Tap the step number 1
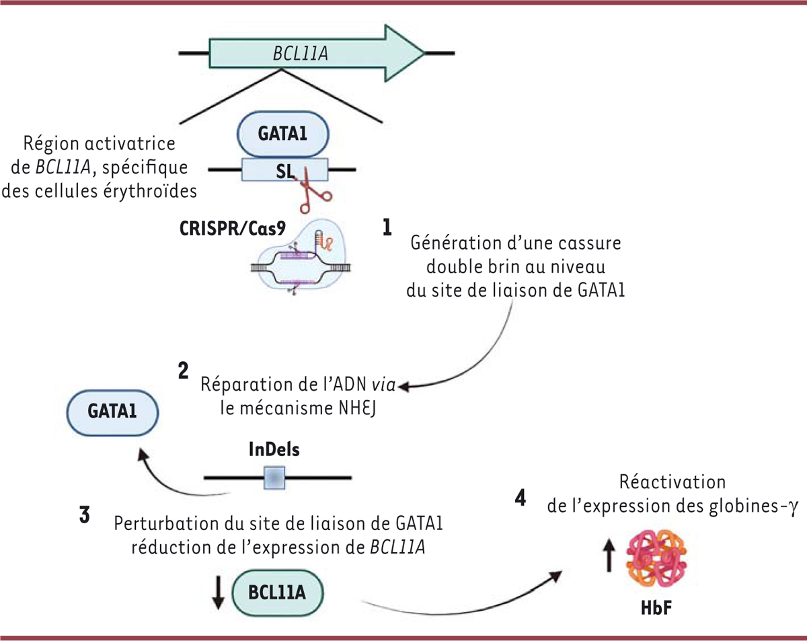387,228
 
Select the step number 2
183,372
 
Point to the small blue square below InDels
274,478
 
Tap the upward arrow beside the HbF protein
609,557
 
